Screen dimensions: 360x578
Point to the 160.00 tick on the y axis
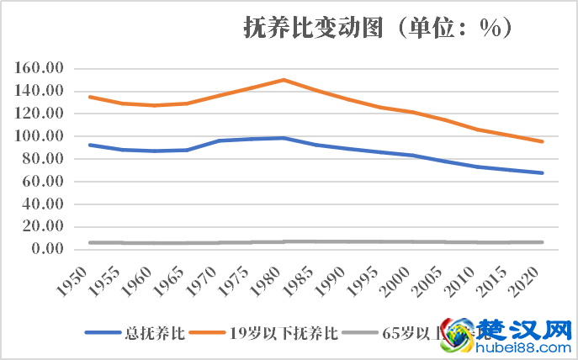point(43,68)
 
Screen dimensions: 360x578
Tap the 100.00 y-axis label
point(43,136)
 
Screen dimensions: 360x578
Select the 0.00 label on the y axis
point(49,249)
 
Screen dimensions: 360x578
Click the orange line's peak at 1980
point(284,80)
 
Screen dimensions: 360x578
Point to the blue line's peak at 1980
point(284,138)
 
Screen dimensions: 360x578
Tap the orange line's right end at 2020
point(543,141)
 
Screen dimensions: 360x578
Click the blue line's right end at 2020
point(543,172)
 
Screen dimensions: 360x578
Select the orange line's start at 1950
point(89,97)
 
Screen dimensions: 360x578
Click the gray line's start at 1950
point(89,242)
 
